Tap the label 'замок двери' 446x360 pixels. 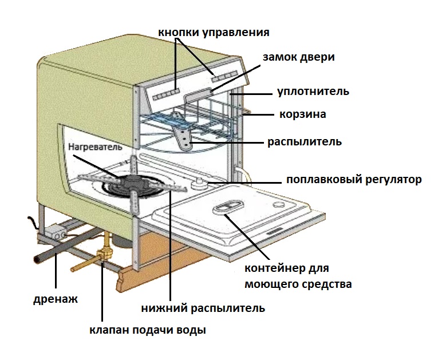tap(298, 57)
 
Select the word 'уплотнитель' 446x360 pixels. tap(313, 92)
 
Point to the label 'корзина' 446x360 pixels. tap(303, 114)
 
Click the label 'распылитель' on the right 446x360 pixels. tap(305, 141)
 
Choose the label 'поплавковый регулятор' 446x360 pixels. tap(354, 180)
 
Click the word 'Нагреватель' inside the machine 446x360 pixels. tap(95, 147)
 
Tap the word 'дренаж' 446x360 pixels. tap(55, 299)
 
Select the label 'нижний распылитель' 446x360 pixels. tap(203, 308)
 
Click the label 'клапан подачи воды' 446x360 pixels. tap(147, 330)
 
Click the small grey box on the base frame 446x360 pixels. tap(58, 232)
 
